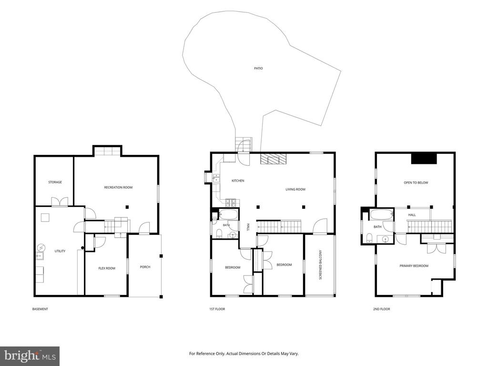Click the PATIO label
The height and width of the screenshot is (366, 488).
click(x=258, y=68)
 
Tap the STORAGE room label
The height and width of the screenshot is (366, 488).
click(x=55, y=182)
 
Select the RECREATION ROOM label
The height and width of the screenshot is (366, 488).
click(x=118, y=187)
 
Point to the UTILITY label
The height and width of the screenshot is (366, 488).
click(x=60, y=251)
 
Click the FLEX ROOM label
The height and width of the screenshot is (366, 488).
click(x=107, y=268)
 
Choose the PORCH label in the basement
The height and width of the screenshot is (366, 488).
click(x=145, y=267)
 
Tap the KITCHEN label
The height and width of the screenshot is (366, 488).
click(x=238, y=181)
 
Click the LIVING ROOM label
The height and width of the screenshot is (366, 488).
click(x=295, y=189)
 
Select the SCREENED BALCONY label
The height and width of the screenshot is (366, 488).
click(x=320, y=264)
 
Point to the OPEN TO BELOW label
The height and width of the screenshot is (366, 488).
click(x=416, y=183)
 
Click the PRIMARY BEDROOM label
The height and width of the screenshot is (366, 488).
click(x=414, y=266)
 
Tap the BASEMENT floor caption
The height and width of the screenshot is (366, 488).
click(x=40, y=309)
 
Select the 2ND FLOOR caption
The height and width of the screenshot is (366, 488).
click(x=382, y=309)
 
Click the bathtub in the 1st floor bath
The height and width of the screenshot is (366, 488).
click(x=229, y=214)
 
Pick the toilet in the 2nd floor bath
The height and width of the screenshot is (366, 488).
click(x=369, y=239)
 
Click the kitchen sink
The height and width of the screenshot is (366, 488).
click(x=216, y=179)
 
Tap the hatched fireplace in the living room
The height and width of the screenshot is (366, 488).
click(x=273, y=159)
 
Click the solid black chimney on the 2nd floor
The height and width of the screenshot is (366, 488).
click(x=424, y=158)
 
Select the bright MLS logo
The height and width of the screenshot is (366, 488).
click(x=30, y=356)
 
